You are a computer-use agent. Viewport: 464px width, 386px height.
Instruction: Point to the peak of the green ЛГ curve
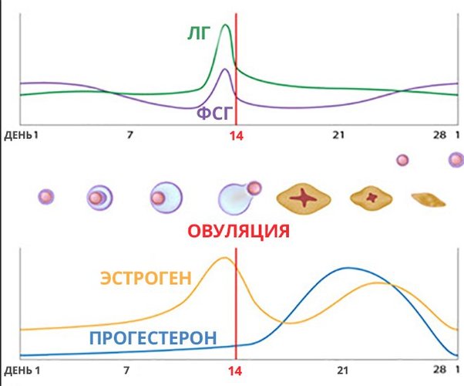coord(225,25)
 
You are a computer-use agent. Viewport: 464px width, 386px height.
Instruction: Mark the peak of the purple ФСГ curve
coord(224,69)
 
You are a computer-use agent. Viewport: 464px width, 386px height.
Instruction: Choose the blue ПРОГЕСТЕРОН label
coord(152,338)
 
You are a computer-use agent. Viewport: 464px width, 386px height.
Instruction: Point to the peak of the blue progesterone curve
coord(348,268)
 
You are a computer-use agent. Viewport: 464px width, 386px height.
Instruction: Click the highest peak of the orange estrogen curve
coord(224,258)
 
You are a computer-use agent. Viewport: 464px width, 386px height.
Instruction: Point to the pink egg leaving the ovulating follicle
coord(254,188)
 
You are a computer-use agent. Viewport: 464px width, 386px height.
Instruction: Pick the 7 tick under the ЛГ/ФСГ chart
coord(129,135)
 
